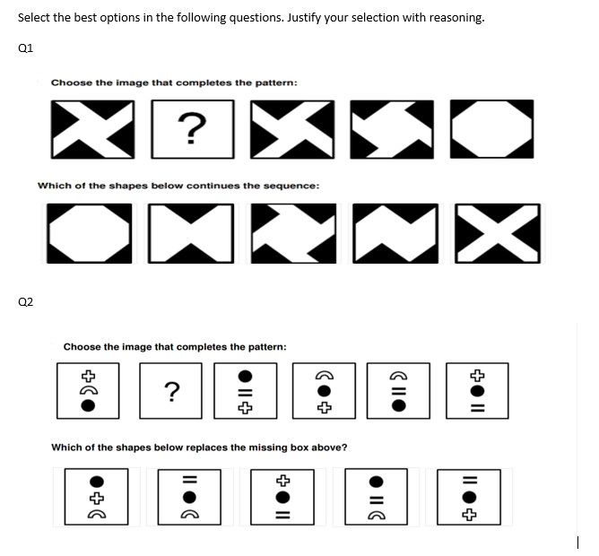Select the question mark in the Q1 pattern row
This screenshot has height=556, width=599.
pyautogui.click(x=189, y=127)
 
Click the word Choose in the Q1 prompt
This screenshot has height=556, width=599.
pyautogui.click(x=70, y=83)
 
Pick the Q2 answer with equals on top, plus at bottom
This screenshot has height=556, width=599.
pyautogui.click(x=475, y=495)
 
